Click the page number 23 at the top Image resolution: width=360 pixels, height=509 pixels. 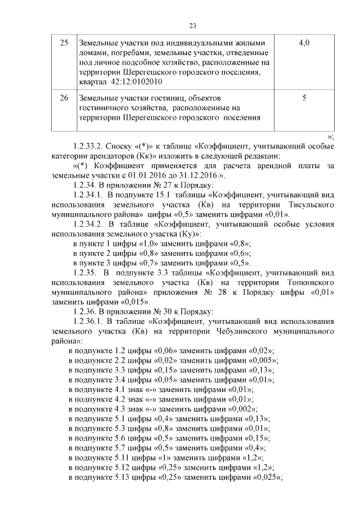192,26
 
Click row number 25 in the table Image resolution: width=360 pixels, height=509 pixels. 64,43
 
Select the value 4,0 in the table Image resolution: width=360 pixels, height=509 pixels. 304,43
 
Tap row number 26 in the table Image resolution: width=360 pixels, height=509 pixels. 64,97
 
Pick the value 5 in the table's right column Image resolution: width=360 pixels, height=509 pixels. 304,97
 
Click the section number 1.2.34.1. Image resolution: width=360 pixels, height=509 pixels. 92,195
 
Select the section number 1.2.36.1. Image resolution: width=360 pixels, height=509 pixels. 92,321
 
